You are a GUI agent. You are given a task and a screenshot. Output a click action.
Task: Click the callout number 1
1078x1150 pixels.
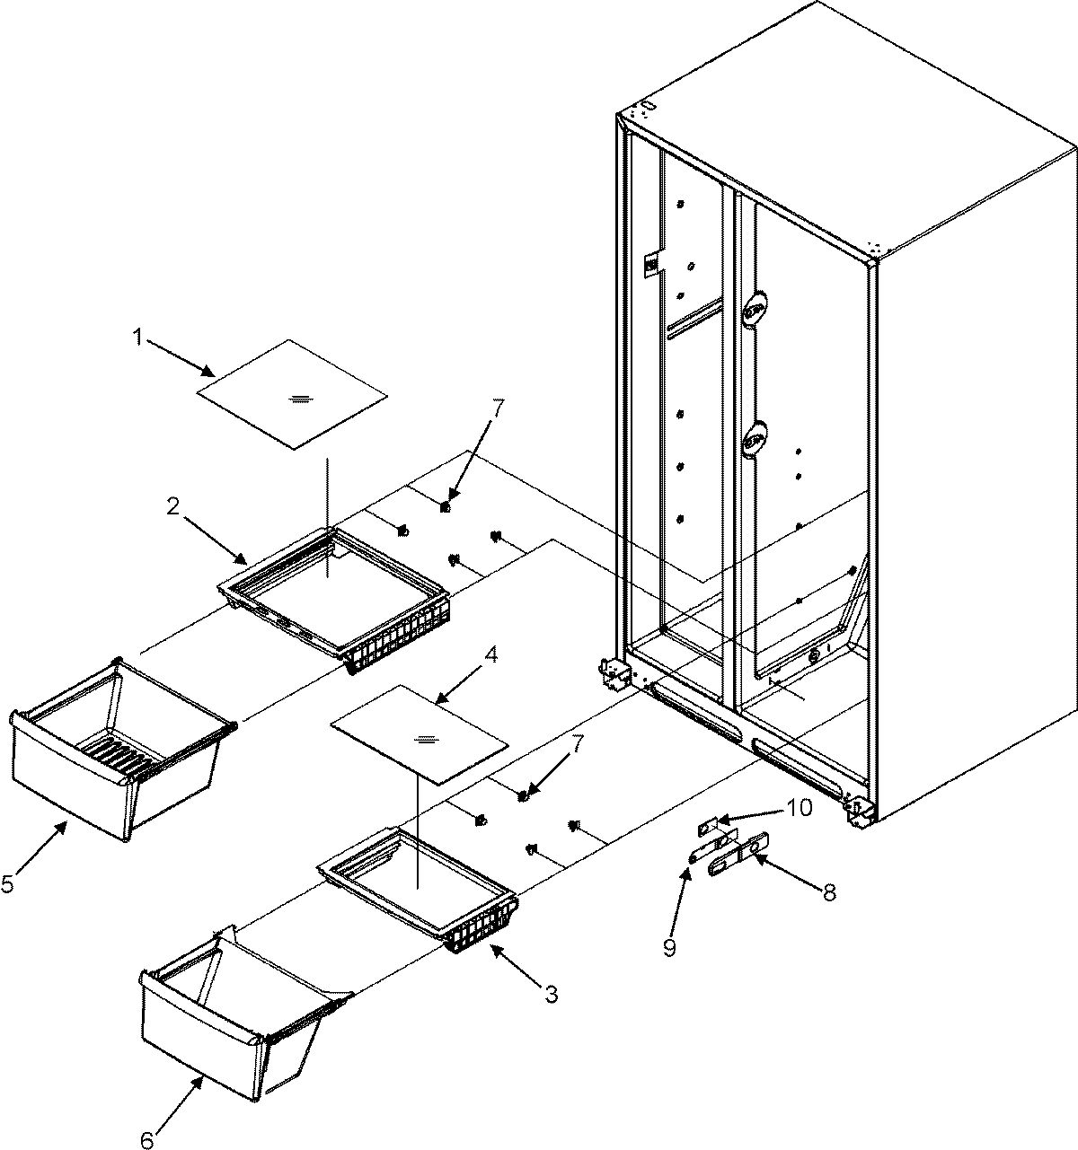pyautogui.click(x=137, y=338)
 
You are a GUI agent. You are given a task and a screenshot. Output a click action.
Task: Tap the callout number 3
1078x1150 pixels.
pyautogui.click(x=552, y=994)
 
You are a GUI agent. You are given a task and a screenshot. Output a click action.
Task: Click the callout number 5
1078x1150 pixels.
pyautogui.click(x=7, y=884)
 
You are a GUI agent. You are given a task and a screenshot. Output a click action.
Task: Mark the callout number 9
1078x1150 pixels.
pyautogui.click(x=669, y=948)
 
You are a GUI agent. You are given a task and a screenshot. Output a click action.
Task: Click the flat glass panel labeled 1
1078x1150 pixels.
pyautogui.click(x=292, y=395)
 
